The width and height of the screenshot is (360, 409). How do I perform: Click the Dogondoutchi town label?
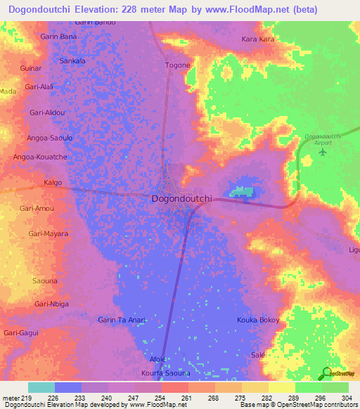click(181, 199)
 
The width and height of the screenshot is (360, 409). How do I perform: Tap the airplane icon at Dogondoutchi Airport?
click(323, 151)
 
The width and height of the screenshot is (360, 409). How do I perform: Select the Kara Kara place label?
click(258, 39)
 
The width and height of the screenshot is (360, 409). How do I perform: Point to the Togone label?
click(178, 65)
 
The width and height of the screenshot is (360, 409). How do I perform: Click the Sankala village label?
click(72, 61)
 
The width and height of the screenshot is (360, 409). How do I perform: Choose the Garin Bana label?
click(58, 36)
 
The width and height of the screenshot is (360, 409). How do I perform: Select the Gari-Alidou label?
click(47, 112)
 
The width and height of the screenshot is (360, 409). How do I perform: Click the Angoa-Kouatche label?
click(40, 157)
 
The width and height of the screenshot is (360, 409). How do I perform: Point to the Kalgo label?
click(53, 183)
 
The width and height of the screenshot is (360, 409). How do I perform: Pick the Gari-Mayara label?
click(48, 233)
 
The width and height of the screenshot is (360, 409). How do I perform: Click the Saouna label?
click(45, 280)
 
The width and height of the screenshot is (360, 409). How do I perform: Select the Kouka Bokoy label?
click(258, 320)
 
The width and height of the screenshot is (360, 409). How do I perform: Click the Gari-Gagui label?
click(20, 332)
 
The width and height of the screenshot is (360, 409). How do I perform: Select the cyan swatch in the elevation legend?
click(41, 387)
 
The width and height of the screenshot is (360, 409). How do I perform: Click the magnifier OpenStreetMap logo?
click(325, 372)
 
